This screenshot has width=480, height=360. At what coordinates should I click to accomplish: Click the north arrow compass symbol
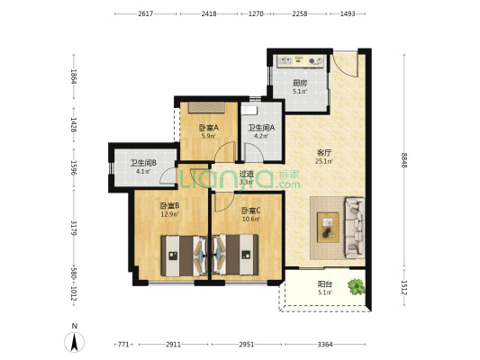[74, 342]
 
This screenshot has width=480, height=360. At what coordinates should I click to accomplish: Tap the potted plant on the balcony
[357, 286]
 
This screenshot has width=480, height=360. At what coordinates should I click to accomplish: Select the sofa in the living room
[355, 228]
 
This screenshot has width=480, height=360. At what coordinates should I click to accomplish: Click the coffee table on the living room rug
[328, 228]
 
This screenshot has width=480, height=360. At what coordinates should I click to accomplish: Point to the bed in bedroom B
[185, 256]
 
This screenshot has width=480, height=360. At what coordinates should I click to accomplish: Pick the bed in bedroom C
[235, 256]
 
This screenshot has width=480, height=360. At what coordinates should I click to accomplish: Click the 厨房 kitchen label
[300, 83]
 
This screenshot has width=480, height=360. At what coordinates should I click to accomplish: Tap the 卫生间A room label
[261, 128]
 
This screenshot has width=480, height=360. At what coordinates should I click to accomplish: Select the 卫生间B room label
[143, 163]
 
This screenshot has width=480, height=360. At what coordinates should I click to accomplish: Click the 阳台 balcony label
[325, 284]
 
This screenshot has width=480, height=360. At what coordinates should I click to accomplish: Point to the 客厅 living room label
[324, 153]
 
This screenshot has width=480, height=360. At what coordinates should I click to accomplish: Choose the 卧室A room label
[209, 128]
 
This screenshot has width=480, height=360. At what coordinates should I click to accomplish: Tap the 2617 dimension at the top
[145, 13]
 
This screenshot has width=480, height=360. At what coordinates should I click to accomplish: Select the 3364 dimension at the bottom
[325, 345]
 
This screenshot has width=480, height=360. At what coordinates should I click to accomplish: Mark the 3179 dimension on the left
[74, 228]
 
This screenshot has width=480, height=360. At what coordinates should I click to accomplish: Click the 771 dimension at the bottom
[123, 345]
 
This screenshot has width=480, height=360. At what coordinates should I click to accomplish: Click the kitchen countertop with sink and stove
[300, 61]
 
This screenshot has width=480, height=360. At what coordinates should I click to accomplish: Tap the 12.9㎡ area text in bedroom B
[169, 214]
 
